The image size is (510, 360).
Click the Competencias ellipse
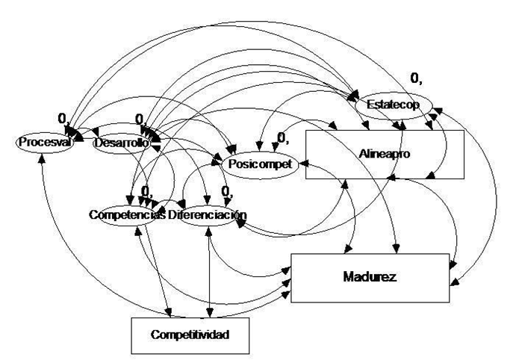[126, 215]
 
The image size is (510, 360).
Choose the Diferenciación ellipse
[208, 215]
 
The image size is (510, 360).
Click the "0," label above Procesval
[63, 117]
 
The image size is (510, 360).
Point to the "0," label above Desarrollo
[140, 118]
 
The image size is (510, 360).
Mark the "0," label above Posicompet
[283, 137]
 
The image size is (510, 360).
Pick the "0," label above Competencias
[146, 190]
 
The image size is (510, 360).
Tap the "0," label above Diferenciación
[225, 190]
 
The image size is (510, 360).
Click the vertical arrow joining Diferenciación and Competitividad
[211, 269]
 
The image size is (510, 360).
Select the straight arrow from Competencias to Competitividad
[157, 269]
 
